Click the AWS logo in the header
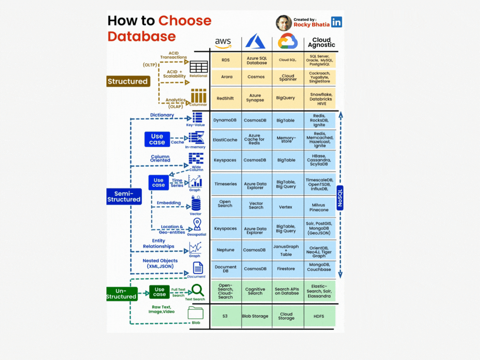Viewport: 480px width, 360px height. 223,42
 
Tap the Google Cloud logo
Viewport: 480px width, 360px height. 288,41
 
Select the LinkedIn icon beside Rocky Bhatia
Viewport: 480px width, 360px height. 337,22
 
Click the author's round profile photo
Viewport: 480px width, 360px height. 284,23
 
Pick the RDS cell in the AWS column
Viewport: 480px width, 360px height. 225,60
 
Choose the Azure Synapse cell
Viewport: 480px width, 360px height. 256,97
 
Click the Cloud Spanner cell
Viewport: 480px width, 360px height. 288,77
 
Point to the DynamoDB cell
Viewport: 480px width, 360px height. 225,120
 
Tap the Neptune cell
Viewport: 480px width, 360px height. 225,250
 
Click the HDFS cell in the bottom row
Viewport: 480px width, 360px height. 320,316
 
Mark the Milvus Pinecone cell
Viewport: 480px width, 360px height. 319,207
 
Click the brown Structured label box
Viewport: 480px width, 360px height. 127,82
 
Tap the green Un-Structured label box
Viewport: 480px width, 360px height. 121,293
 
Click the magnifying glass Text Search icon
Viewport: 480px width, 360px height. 197,291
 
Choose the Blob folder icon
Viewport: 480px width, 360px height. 196,313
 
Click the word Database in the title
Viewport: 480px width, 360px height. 142,36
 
